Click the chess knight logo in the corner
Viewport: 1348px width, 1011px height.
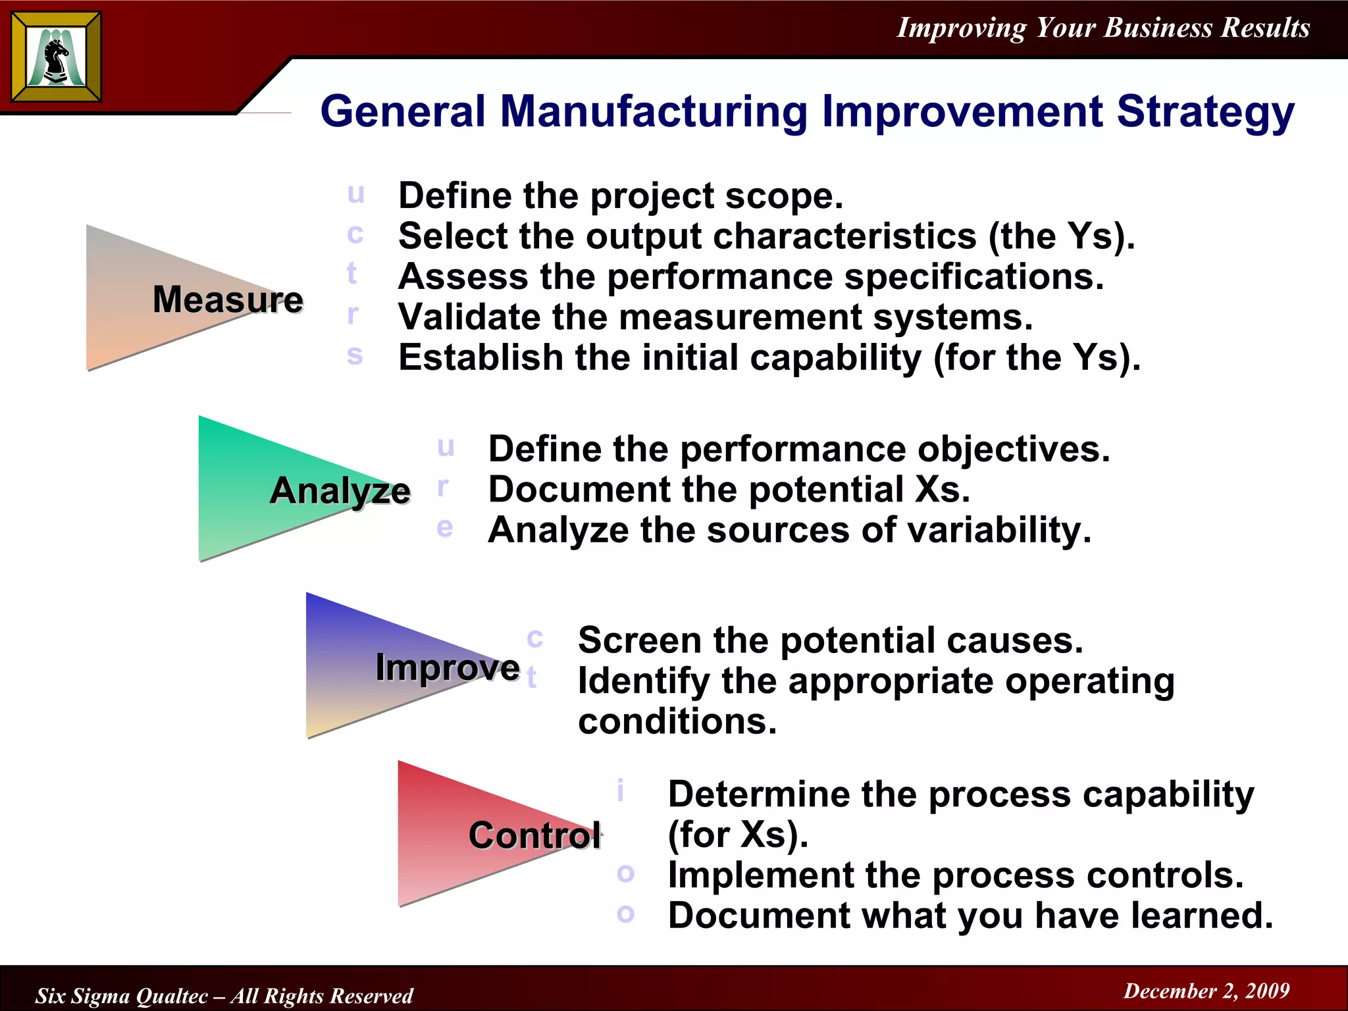pos(56,57)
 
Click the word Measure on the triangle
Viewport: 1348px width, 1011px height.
pos(228,299)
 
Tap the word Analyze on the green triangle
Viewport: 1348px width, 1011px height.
pos(340,491)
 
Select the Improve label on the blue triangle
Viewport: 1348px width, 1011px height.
pos(448,668)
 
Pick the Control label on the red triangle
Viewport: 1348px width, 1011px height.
pos(534,836)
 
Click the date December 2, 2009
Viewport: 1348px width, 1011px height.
pos(1206,991)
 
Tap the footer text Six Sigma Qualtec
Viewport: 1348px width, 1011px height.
pos(122,996)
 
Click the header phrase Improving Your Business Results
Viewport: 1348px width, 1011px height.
pos(1103,28)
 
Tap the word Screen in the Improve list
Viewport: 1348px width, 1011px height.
pos(639,640)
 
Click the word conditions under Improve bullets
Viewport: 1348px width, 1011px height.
pos(677,721)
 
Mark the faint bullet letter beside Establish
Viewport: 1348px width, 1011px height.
pos(355,356)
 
